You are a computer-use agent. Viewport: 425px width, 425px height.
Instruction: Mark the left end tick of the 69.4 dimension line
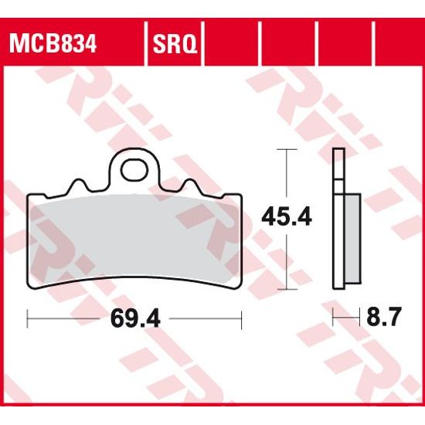pos(28,317)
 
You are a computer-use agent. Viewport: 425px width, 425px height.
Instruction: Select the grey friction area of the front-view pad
pos(135,240)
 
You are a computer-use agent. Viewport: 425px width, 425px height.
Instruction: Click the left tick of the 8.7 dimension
pos(333,317)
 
